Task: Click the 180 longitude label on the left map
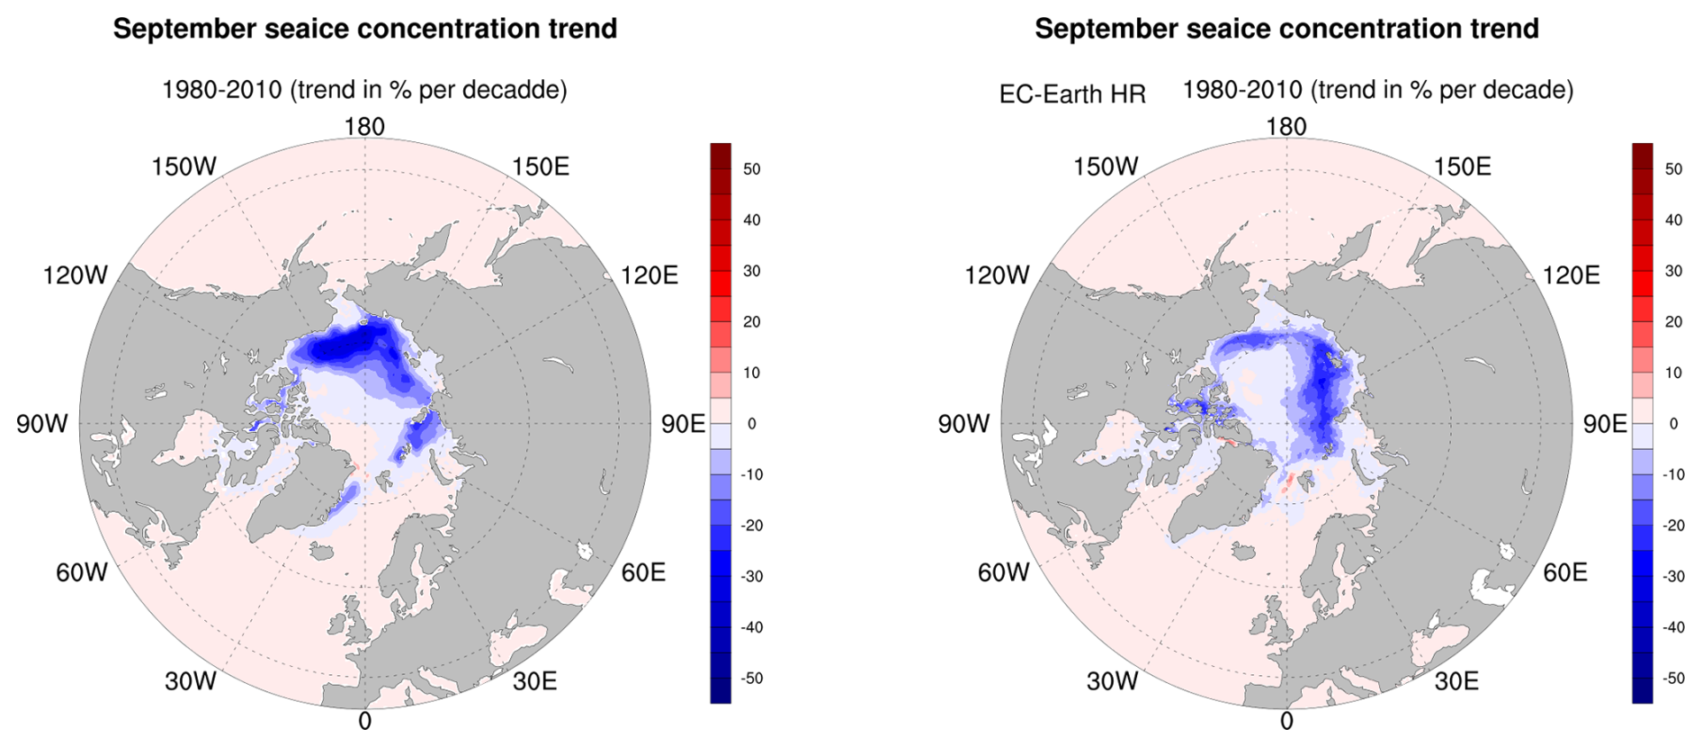364,127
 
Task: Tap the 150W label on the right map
1106,166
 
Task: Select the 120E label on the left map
649,275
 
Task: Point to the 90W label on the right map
963,424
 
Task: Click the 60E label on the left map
643,572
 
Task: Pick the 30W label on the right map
1112,681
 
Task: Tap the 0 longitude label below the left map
364,721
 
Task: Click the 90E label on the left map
684,424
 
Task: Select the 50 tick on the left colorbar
752,169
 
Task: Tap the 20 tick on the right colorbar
1673,322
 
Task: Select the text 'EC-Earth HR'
1072,94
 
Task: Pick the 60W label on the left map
82,572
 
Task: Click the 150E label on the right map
1462,166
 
